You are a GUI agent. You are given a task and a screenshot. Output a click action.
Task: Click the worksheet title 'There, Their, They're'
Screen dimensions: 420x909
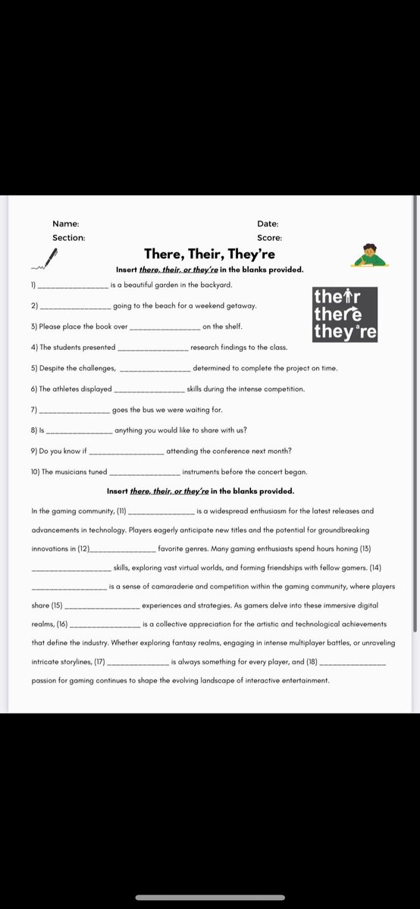tap(210, 254)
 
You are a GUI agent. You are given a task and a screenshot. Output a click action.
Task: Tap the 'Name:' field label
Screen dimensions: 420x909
tap(65, 223)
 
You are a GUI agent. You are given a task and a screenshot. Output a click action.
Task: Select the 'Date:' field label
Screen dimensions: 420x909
tap(268, 223)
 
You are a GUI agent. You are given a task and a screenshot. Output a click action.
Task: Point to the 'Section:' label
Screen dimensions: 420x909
tap(68, 237)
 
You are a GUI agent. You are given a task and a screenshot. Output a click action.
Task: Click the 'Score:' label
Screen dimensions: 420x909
tap(269, 237)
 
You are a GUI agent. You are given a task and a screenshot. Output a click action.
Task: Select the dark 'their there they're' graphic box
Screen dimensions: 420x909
tap(345, 314)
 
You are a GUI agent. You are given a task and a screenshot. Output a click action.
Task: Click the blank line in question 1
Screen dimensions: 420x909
tap(73, 286)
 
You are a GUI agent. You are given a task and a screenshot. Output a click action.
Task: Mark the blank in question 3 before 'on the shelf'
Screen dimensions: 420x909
tap(165, 327)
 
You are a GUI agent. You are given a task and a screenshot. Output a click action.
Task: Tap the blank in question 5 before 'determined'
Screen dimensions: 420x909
tap(155, 369)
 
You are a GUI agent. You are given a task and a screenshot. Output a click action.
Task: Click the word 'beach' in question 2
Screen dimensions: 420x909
tap(154, 306)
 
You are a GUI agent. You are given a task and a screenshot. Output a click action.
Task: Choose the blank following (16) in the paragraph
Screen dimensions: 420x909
tap(105, 625)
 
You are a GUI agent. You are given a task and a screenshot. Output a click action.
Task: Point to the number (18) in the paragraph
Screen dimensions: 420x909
tap(307, 662)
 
